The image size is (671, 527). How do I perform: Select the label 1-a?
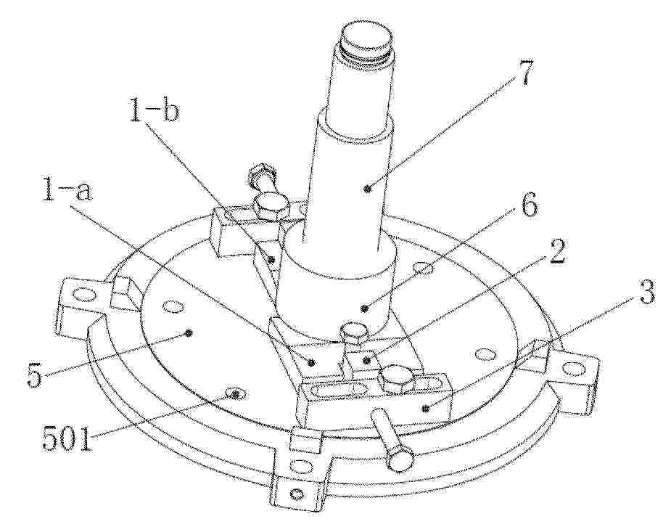[67, 191]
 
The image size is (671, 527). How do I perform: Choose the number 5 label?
[35, 375]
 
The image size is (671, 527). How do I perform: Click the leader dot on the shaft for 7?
[367, 188]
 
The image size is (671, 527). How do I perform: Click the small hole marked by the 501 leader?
[234, 393]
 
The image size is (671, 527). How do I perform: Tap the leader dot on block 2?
[366, 361]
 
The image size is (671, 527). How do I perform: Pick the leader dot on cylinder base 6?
[365, 307]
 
